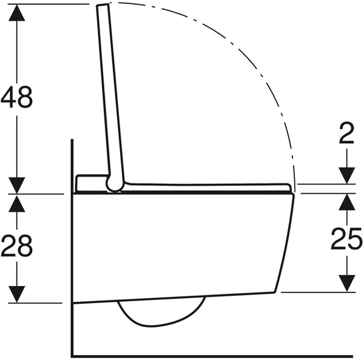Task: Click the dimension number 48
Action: coord(17,97)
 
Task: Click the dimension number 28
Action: coord(17,246)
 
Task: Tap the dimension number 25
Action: coord(346,239)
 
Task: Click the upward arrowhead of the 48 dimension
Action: coord(17,13)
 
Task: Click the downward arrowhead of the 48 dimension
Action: coord(17,185)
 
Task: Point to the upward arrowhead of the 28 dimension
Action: coord(17,203)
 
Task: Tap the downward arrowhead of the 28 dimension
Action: coord(17,294)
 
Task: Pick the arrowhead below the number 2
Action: coord(346,175)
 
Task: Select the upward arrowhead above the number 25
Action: coord(346,202)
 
